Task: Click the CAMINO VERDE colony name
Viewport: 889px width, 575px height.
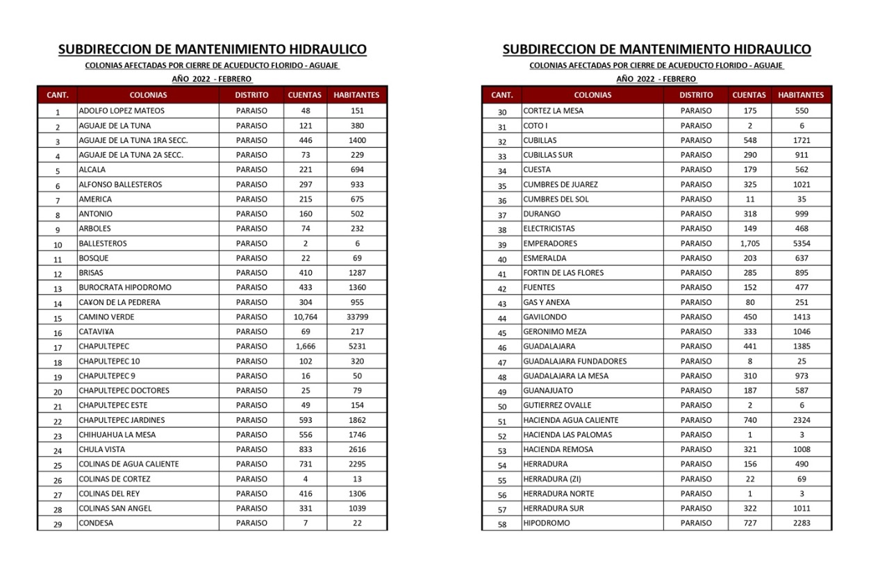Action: tap(106, 317)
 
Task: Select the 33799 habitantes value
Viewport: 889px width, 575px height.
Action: tap(357, 317)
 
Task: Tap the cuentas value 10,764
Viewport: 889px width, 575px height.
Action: tap(306, 317)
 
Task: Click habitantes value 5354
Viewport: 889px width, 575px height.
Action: tap(801, 244)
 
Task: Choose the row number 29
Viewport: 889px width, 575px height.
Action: tap(58, 524)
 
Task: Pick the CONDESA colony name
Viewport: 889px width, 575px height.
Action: tap(96, 524)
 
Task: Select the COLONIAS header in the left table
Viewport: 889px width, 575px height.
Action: tap(148, 95)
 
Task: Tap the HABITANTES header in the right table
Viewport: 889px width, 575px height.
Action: tap(801, 95)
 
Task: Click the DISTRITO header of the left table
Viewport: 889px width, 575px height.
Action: tap(251, 95)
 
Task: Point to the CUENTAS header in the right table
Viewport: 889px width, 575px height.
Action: tap(749, 95)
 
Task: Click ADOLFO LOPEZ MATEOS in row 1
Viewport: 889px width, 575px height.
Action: tap(122, 111)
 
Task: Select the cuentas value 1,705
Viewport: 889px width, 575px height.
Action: tap(750, 244)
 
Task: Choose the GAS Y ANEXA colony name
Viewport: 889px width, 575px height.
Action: tap(547, 303)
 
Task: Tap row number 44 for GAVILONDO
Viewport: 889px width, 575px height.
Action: tap(502, 318)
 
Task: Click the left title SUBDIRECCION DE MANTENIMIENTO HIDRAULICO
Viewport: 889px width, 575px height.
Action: tap(213, 49)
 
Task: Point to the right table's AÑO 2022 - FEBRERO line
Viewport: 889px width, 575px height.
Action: tap(656, 79)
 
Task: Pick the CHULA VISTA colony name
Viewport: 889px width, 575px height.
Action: tap(102, 449)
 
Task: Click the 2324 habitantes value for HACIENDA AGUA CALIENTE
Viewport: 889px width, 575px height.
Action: tap(801, 420)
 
